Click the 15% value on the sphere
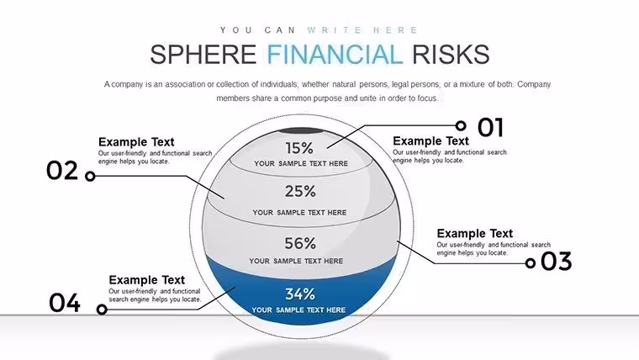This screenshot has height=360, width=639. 299,148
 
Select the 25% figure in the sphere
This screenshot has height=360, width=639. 300,191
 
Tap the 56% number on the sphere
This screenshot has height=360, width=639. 300,243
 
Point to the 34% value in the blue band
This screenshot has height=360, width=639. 300,294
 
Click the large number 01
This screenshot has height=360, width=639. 491,127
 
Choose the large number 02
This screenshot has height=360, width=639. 62,171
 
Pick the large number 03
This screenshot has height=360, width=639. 557,262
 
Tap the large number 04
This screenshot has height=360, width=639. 65,303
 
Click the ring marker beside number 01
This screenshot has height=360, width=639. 461,125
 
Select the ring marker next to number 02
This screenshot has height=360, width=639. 90,176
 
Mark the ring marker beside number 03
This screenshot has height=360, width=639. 531,263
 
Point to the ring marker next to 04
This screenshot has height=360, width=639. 102,310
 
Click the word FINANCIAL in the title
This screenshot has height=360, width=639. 335,55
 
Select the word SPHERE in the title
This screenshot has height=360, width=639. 203,55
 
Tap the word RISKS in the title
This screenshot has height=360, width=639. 451,55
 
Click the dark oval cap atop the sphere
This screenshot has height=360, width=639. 301,131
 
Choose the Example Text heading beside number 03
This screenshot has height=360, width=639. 475,233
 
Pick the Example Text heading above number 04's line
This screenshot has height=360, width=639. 146,280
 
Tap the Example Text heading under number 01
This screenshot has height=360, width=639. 430,140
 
